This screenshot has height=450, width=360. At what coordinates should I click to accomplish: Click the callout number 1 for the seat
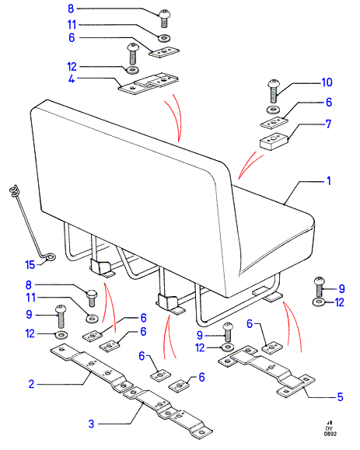(329, 181)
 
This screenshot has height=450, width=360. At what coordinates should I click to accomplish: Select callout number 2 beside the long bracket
(31, 384)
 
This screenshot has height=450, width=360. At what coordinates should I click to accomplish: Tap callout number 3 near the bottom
(91, 424)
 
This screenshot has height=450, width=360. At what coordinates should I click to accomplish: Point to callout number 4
(72, 78)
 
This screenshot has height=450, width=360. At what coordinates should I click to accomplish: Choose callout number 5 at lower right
(341, 397)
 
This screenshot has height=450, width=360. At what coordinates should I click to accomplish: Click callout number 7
(328, 124)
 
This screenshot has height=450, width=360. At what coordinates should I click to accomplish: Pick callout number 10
(327, 82)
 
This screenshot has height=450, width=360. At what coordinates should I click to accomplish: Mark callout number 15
(30, 264)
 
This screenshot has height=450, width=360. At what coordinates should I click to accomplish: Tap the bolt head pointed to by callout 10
(274, 84)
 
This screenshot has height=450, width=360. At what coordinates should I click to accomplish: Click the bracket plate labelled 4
(149, 83)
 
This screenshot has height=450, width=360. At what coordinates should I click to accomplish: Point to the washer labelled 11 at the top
(164, 37)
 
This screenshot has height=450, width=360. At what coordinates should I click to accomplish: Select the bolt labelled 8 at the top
(164, 18)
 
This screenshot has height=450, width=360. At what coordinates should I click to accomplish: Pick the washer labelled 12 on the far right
(318, 302)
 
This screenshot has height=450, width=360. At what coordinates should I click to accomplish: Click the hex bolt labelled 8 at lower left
(92, 298)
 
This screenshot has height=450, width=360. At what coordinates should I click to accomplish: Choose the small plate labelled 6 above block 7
(274, 123)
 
